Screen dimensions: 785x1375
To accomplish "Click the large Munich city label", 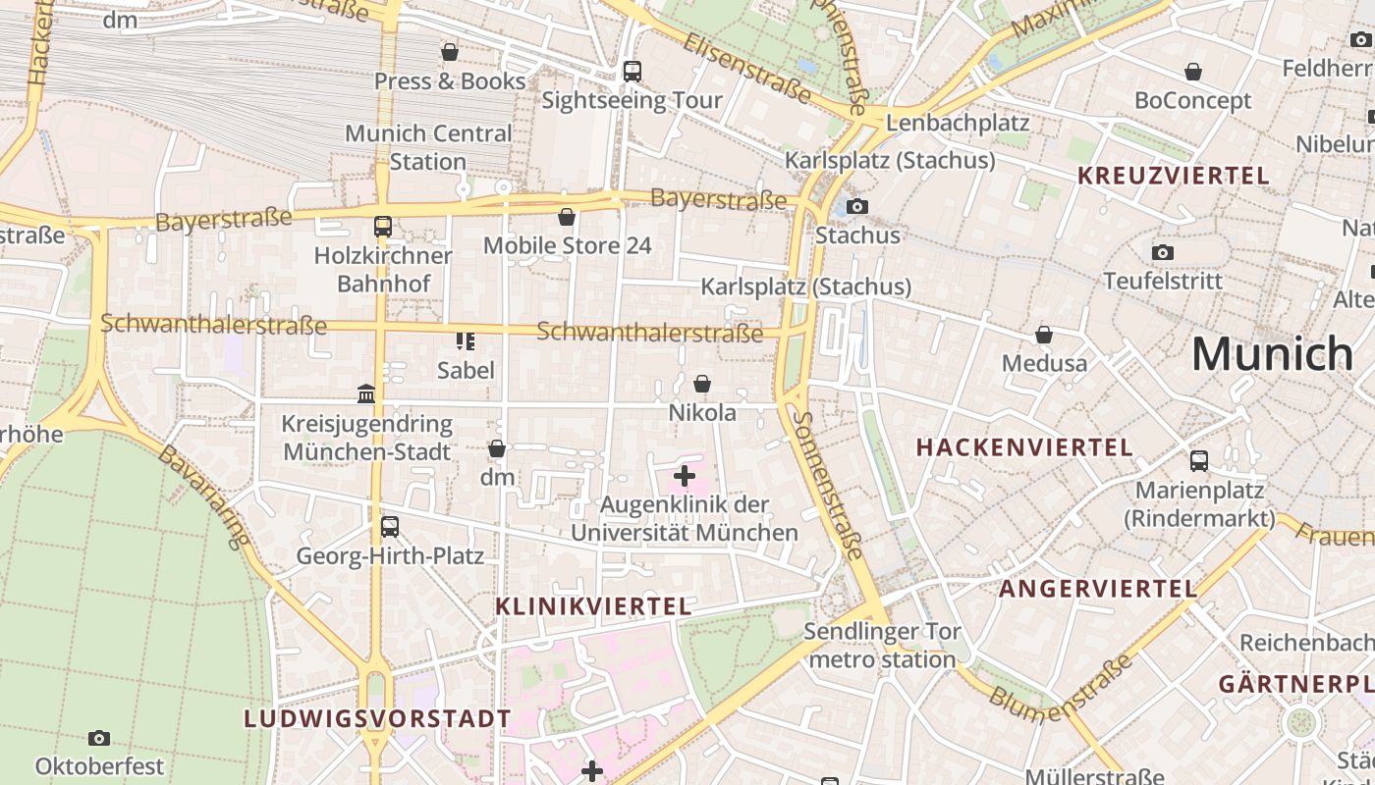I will [x=1272, y=353].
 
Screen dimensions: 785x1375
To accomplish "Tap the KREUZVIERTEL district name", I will [x=1174, y=176].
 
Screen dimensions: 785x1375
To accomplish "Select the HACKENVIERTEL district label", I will [x=1024, y=447].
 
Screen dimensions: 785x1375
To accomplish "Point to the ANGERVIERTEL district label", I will [x=1098, y=589].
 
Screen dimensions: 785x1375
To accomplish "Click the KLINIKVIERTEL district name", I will [x=593, y=606].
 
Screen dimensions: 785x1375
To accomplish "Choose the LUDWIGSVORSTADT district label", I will [x=377, y=718].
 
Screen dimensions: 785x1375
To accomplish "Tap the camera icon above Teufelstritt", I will [x=1163, y=253].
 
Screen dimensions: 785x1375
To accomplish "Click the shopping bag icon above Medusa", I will [x=1044, y=336].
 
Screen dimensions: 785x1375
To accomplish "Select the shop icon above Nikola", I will [x=702, y=384].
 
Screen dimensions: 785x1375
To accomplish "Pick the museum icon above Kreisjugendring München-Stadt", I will [x=366, y=393].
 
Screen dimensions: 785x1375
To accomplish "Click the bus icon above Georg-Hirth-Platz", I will [x=390, y=527].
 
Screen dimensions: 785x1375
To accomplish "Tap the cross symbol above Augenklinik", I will [x=685, y=477].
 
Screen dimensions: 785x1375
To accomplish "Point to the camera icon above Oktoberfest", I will [x=99, y=738].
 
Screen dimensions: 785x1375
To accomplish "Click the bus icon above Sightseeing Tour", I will [x=632, y=72].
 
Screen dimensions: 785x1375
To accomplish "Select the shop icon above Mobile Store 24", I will [x=567, y=217].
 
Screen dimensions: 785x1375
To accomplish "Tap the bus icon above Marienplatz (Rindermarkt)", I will [x=1199, y=461].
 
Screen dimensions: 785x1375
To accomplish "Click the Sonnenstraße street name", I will [x=829, y=486].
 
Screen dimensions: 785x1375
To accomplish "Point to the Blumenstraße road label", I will [x=1062, y=684].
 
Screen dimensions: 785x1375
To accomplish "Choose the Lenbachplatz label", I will [x=958, y=123].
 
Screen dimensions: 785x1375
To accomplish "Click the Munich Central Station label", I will [x=428, y=147].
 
